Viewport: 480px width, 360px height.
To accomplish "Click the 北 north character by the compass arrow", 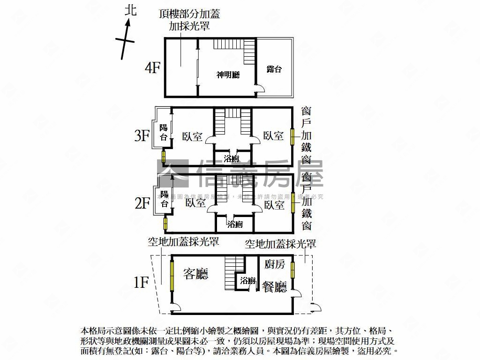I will (131, 10).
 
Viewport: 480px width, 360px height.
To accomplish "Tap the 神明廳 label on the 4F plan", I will (228, 75).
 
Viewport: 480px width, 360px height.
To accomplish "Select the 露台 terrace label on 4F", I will (274, 69).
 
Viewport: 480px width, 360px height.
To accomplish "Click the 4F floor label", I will (153, 68).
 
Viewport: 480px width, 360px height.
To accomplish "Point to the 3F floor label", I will (142, 136).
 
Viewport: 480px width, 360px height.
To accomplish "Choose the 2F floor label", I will (142, 203).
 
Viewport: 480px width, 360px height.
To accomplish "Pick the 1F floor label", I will (141, 283).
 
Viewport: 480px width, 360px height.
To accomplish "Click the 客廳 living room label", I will (195, 274).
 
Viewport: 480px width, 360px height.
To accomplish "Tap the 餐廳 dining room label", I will (274, 287).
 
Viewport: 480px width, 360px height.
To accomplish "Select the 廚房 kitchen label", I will (275, 264).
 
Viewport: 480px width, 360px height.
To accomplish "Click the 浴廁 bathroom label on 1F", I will (247, 281).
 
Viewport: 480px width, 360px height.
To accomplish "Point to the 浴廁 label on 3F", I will (232, 158).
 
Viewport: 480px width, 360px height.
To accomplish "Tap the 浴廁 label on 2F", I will (235, 224).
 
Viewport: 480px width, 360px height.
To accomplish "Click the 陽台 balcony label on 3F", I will (164, 132).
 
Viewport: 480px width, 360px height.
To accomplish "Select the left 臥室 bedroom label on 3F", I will (193, 136).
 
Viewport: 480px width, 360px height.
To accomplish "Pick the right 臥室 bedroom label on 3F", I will (273, 136).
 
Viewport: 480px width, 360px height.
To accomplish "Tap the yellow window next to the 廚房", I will (293, 270).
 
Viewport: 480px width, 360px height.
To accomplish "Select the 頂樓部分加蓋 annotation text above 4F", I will (189, 15).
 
